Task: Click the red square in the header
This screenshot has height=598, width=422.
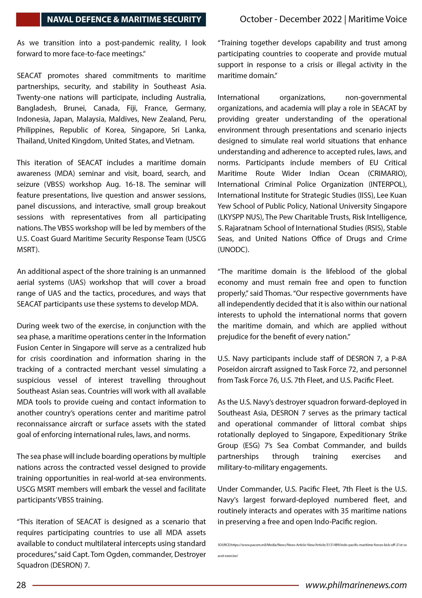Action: tap(28, 20)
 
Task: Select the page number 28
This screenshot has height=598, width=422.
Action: tap(21, 585)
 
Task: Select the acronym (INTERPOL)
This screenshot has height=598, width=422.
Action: tap(387, 184)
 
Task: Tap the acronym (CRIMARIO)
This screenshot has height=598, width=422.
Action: tap(387, 174)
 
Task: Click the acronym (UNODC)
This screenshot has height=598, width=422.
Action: tap(233, 250)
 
